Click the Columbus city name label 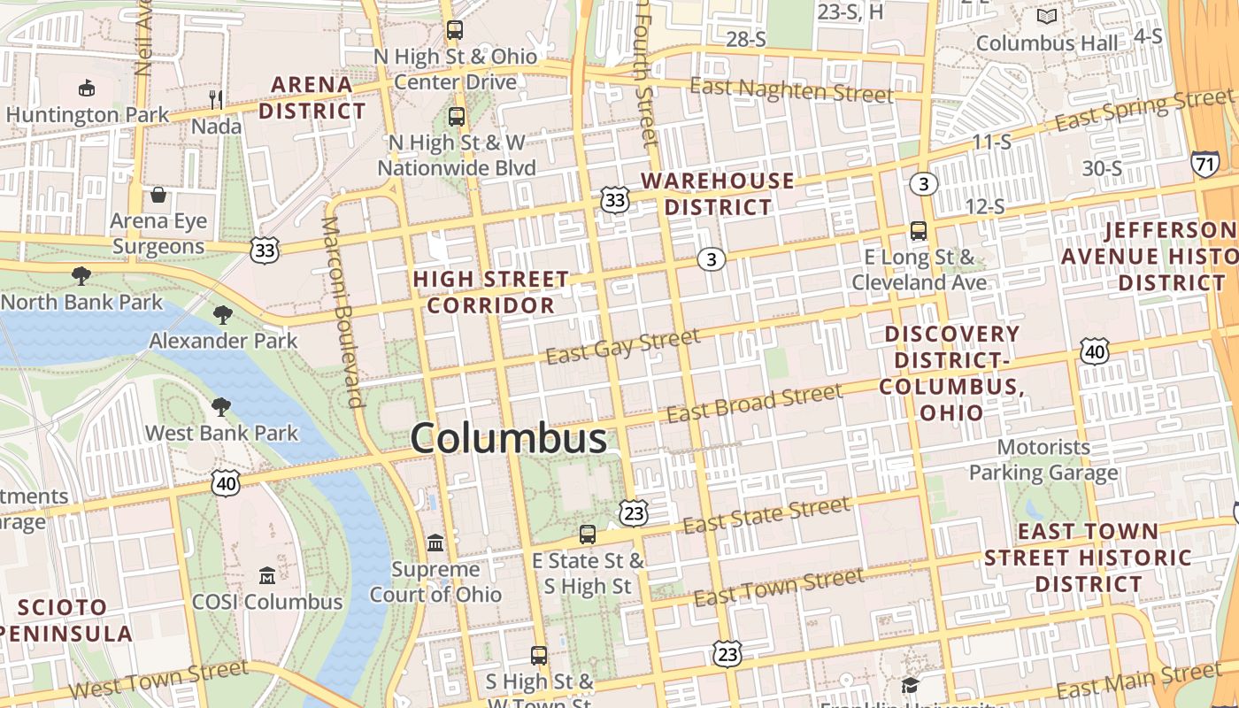coord(509,439)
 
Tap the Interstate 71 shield coord(1204,164)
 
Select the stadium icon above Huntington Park coord(87,88)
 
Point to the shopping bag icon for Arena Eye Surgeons coord(158,195)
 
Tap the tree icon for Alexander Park coord(223,314)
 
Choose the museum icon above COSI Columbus coord(266,576)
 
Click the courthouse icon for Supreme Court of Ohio coord(435,543)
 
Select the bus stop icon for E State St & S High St coord(588,535)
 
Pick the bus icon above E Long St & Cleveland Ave coord(919,231)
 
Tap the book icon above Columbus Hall coord(1047,17)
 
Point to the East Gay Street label coord(623,345)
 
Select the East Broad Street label coord(754,403)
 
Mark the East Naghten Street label coord(791,90)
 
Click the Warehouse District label coord(718,194)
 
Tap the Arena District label coord(312,97)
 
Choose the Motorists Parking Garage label coord(1043,459)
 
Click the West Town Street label coord(158,680)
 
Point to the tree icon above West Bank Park coord(221,407)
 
